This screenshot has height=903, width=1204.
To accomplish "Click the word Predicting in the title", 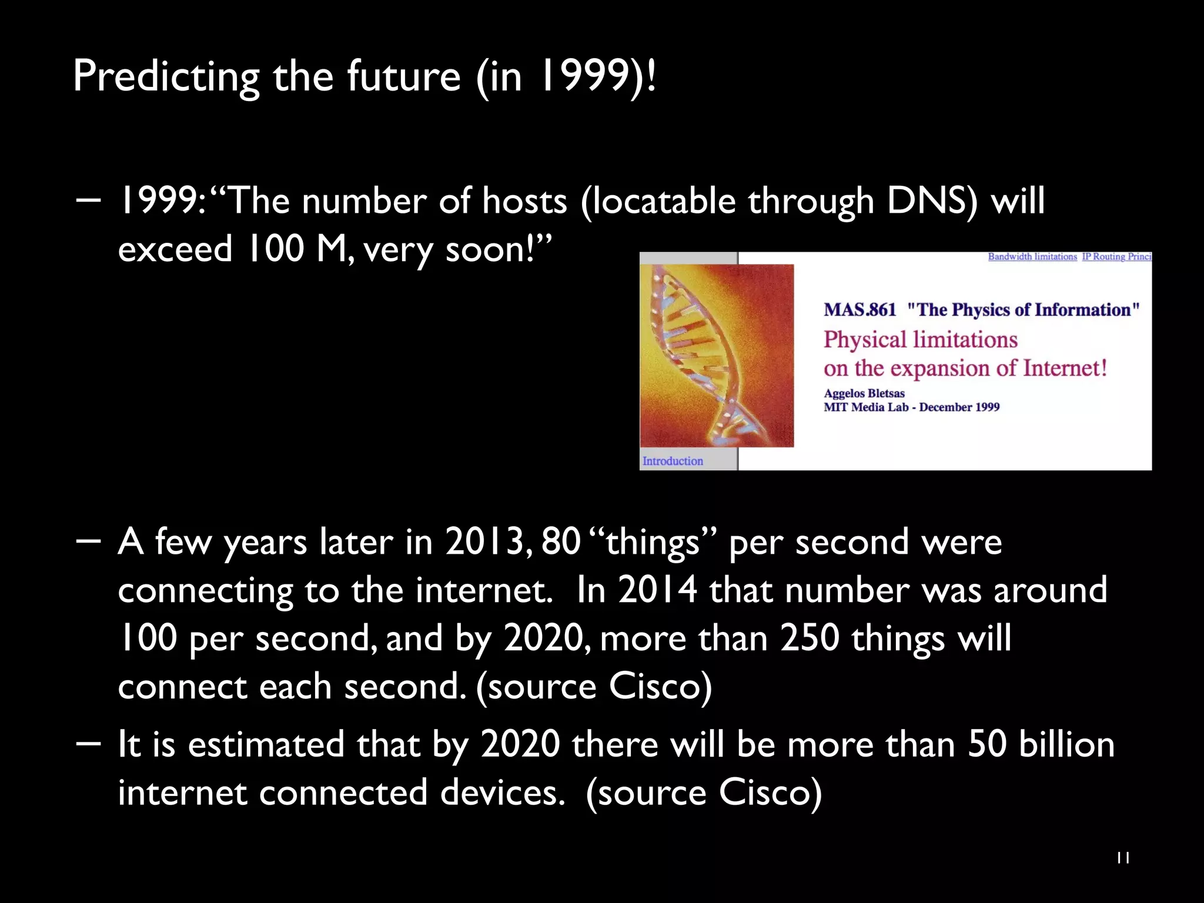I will (x=166, y=76).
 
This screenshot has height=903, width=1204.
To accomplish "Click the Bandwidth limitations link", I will (x=1032, y=257).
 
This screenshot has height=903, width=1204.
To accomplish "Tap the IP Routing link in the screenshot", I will (x=1116, y=257).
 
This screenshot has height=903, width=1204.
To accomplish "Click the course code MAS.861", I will (x=859, y=310).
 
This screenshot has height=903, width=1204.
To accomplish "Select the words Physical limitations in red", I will (x=920, y=340).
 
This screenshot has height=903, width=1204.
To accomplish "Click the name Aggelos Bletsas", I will (x=864, y=393).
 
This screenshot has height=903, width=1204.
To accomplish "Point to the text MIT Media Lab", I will (x=865, y=407).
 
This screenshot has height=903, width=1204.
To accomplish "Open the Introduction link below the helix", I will (x=673, y=461).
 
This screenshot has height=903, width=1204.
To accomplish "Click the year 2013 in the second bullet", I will (x=484, y=541).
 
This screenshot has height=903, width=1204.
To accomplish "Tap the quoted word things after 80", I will (x=653, y=541).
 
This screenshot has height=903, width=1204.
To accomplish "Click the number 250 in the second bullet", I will (x=809, y=638).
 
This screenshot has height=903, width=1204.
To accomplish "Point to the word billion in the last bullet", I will (x=1066, y=744).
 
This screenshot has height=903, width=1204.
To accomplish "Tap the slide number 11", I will (x=1123, y=858).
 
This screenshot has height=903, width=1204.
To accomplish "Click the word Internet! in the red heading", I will (x=1065, y=369).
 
